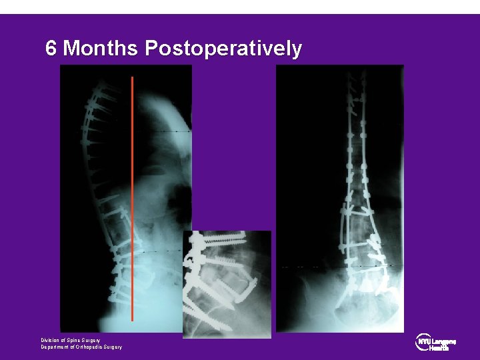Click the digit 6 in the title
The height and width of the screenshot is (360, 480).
51,49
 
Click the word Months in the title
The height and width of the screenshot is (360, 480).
100,49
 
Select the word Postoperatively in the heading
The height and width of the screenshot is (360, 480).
223,49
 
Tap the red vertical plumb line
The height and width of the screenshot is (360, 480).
133,200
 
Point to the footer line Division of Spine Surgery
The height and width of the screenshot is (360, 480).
71,340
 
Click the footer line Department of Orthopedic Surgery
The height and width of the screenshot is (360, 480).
81,347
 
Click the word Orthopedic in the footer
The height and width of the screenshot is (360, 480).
85,347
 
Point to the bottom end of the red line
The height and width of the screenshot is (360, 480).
133,320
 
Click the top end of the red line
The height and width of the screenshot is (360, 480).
133,78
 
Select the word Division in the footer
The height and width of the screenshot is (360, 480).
51,340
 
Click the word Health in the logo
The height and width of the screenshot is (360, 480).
439,347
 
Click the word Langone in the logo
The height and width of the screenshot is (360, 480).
444,341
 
